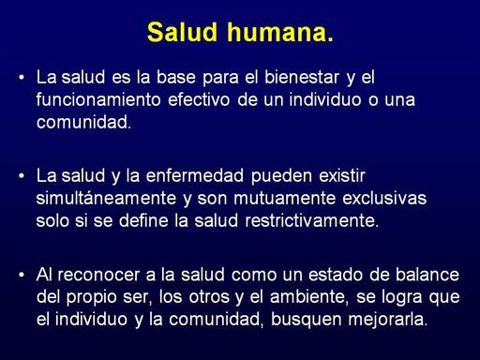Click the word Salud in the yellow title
tap(182, 32)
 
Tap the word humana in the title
tap(277, 32)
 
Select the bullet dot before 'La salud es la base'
tap(22, 77)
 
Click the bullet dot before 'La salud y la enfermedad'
tap(22, 176)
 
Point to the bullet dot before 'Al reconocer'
tap(22, 275)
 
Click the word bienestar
tap(302, 77)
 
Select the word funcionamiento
tap(98, 99)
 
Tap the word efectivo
tap(199, 99)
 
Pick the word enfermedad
tap(195, 175)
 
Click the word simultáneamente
tap(106, 199)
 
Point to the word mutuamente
tap(284, 199)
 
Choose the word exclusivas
tap(384, 198)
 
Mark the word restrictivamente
tap(310, 220)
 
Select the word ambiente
tap(307, 296)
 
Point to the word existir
tap(342, 175)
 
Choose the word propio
tap(92, 297)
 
